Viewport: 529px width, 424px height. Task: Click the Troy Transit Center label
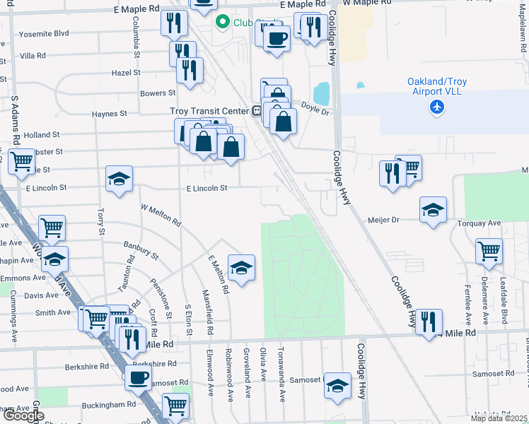(x=209, y=111)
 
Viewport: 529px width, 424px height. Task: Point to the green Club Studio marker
(x=223, y=22)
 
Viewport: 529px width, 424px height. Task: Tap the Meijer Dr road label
(x=383, y=220)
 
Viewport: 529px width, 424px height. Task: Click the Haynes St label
(x=109, y=113)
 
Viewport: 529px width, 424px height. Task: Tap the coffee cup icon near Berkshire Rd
(x=139, y=377)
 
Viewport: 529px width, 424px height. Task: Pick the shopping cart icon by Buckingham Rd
(x=175, y=406)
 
